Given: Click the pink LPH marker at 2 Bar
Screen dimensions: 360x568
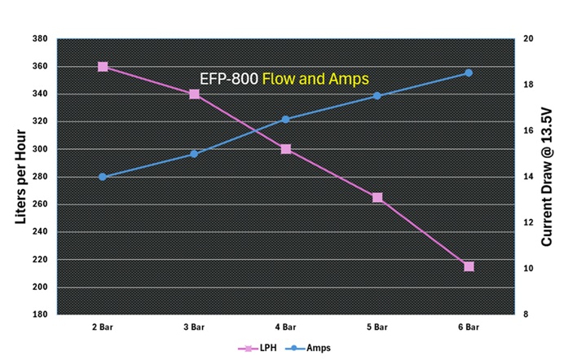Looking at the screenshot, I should [103, 67].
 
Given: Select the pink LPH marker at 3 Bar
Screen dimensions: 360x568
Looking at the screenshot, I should [194, 94].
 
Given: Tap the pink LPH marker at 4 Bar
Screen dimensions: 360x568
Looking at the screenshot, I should [286, 149].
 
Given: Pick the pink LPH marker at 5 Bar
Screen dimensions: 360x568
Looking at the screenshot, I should [377, 197].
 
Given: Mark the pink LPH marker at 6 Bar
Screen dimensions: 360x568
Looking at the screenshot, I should [469, 266].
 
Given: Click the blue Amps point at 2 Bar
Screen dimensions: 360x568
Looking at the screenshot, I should [103, 177].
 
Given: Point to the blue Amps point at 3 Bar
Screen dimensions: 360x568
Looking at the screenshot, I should [194, 153].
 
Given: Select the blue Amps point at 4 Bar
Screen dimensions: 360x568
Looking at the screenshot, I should [286, 119].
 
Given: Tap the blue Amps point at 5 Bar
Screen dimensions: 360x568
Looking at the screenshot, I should [377, 96].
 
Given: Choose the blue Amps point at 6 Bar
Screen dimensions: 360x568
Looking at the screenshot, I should [469, 73].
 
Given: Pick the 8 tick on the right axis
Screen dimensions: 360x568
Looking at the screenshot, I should [526, 314].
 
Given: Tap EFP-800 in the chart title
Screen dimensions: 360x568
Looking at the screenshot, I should [229, 79].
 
